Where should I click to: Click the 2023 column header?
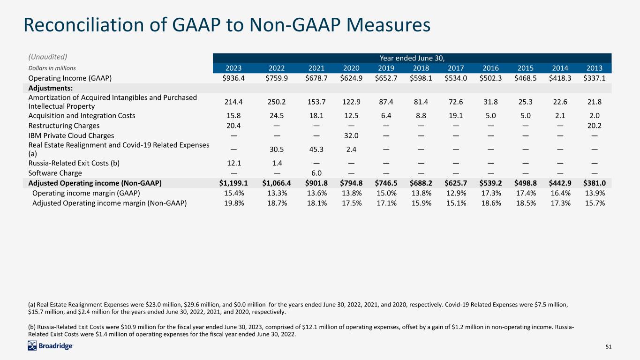click(x=233, y=68)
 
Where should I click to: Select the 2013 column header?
click(x=595, y=68)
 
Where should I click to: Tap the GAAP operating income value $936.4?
click(x=233, y=78)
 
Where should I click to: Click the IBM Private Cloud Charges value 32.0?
click(x=351, y=135)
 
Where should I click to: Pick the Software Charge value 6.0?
click(x=316, y=173)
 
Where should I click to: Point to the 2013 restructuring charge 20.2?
click(x=595, y=126)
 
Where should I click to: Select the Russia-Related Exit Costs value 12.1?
click(x=234, y=163)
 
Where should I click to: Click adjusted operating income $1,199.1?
click(x=233, y=183)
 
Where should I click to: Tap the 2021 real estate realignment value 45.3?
click(x=316, y=149)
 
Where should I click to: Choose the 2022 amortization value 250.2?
click(x=277, y=102)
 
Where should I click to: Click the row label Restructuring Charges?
click(x=64, y=126)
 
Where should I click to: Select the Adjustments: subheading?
click(x=51, y=88)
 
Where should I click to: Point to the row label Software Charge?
click(x=55, y=173)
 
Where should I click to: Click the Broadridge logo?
click(x=51, y=346)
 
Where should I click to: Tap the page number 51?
click(x=609, y=346)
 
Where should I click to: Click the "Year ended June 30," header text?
click(x=412, y=58)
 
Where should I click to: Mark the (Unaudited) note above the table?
click(x=48, y=57)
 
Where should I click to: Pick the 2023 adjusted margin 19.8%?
click(x=234, y=203)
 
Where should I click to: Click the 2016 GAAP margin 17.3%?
click(x=491, y=193)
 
